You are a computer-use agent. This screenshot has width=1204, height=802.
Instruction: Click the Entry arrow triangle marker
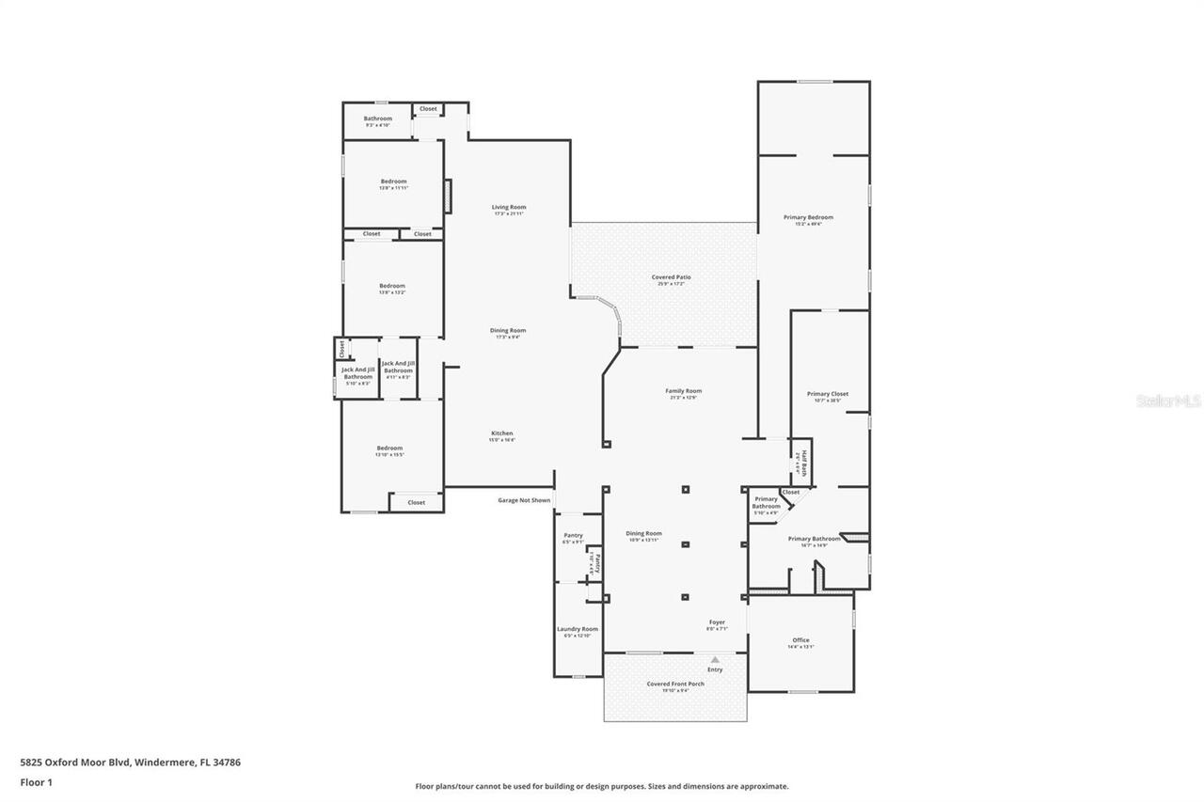pyautogui.click(x=715, y=659)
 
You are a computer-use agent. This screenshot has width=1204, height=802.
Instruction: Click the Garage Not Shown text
pyautogui.click(x=524, y=500)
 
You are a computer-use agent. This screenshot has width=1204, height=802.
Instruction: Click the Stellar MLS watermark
pyautogui.click(x=1168, y=401)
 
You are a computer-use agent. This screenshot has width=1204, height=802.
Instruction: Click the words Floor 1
pyautogui.click(x=36, y=781)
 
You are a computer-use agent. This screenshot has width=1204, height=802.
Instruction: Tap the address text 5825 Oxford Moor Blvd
pyautogui.click(x=130, y=763)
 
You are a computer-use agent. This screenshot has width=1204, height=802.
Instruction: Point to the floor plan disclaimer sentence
pyautogui.click(x=602, y=786)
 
